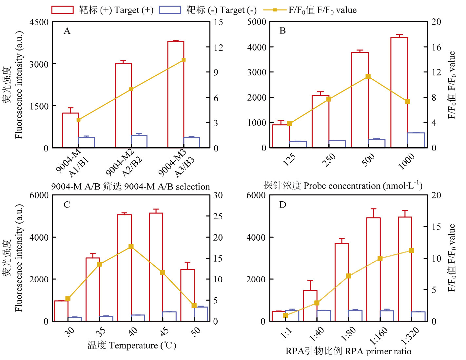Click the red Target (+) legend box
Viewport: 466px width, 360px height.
coord(62,10)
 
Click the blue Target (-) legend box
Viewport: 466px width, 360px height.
coord(170,10)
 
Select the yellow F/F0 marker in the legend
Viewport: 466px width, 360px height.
coord(275,10)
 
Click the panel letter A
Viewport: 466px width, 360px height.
coord(67,31)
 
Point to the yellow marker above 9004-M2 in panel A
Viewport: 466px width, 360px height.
coord(131,89)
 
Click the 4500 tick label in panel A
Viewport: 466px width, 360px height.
coord(39,22)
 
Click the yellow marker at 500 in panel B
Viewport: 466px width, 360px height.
coord(368,76)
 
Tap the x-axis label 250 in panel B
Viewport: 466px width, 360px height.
coord(329,160)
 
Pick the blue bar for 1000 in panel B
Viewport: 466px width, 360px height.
coord(416,140)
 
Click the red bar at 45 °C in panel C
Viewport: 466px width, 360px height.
coord(156,267)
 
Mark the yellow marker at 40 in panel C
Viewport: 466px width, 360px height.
coord(131,247)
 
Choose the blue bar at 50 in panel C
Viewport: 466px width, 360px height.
coord(201,314)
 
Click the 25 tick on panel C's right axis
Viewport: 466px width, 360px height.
coord(218,216)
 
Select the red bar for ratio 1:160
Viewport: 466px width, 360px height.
coord(373,269)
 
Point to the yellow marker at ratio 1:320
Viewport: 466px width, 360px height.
coord(412,250)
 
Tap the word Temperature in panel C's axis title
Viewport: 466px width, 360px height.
coord(133,346)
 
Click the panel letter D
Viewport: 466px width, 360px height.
coord(282,205)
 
